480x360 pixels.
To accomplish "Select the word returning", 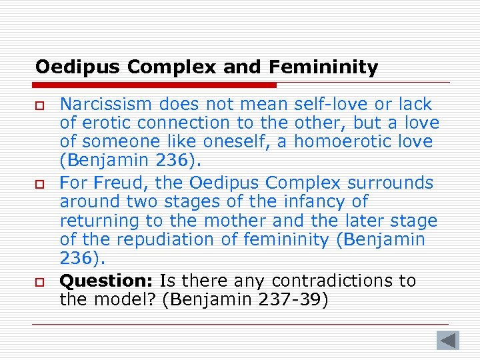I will [x=99, y=220].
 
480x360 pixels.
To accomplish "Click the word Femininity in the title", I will [x=324, y=67].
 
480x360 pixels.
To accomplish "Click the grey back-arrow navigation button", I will [x=448, y=340].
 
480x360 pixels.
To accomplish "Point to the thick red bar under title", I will [x=156, y=85].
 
